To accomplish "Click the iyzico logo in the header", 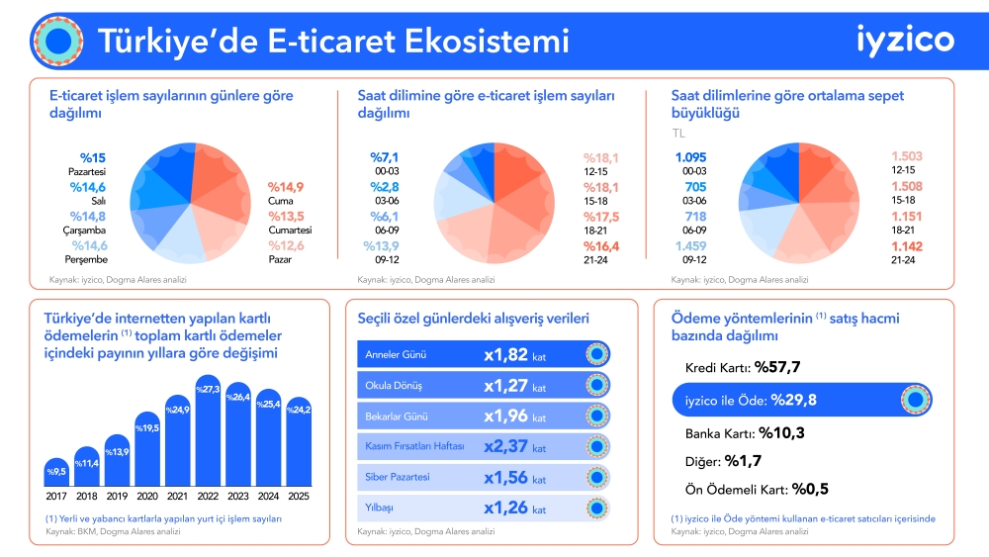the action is click(905, 41).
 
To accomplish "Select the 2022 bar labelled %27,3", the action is click(208, 430).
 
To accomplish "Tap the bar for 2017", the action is click(56, 472).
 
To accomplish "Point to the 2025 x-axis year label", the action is click(299, 497).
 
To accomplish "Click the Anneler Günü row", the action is click(484, 354).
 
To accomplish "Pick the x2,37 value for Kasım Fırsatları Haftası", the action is click(505, 446).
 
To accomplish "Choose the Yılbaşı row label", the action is click(379, 508).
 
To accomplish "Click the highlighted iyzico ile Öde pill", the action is click(802, 400).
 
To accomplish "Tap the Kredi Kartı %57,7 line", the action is click(743, 367).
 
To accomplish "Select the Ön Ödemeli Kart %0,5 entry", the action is click(757, 490).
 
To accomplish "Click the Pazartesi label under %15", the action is click(87, 171).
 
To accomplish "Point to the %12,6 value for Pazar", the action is click(286, 245).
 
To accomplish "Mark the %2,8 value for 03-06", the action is click(384, 187).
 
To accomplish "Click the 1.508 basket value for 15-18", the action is click(906, 186).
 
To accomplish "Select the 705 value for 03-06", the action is click(695, 187).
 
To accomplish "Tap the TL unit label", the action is click(678, 134).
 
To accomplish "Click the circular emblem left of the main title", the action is click(58, 41).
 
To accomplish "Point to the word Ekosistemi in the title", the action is click(487, 41).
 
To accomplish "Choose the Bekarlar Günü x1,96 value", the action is click(505, 417).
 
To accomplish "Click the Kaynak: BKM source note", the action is click(113, 531).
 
